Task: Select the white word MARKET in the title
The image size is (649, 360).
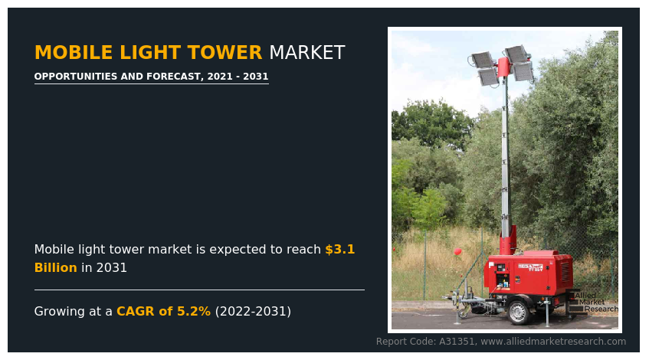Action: tap(306, 53)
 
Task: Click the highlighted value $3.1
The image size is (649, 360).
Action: tap(339, 250)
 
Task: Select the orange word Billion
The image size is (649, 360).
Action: tap(55, 268)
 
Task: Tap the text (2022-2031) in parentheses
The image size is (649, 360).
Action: tap(253, 312)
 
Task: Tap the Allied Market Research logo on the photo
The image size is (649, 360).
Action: tap(594, 302)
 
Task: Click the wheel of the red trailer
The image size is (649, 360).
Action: tap(520, 312)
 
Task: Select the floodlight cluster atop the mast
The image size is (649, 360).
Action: tap(503, 64)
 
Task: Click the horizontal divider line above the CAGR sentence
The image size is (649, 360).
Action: tap(199, 290)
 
